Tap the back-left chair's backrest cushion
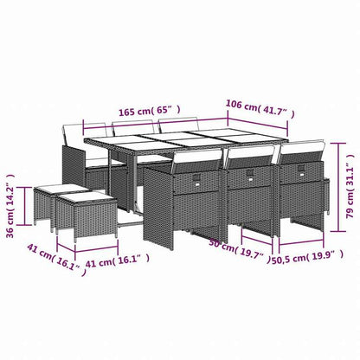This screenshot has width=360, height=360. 75,134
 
